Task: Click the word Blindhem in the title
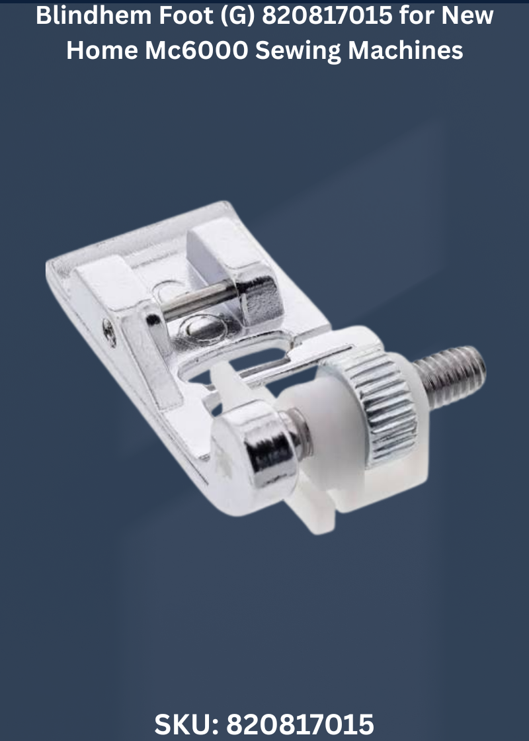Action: (x=93, y=15)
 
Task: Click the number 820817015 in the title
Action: (x=327, y=15)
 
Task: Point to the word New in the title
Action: (x=467, y=15)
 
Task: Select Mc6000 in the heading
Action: (x=196, y=50)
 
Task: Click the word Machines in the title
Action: (x=405, y=50)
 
